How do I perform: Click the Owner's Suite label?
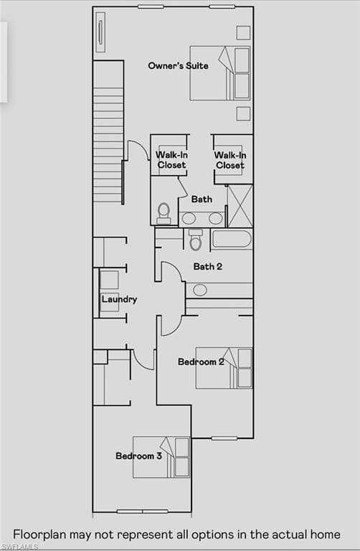pos(178,66)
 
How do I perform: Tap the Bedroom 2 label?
pos(201,362)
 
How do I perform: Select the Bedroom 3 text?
pos(138,456)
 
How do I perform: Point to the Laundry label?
pos(120,299)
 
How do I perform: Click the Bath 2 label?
pos(207,266)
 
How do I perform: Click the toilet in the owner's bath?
pos(164,214)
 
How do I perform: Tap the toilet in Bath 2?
pos(195,240)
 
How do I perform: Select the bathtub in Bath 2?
pos(232,239)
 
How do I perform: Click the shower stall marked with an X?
pos(240,206)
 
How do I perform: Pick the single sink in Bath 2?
pos(200,291)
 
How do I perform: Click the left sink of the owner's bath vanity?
pos(189,218)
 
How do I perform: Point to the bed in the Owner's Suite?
pos(220,73)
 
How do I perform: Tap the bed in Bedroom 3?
pos(161,457)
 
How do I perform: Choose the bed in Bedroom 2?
pos(224,368)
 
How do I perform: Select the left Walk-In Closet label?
pos(171,160)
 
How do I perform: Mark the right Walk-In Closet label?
pos(230,160)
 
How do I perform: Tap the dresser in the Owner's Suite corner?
pos(100,32)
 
